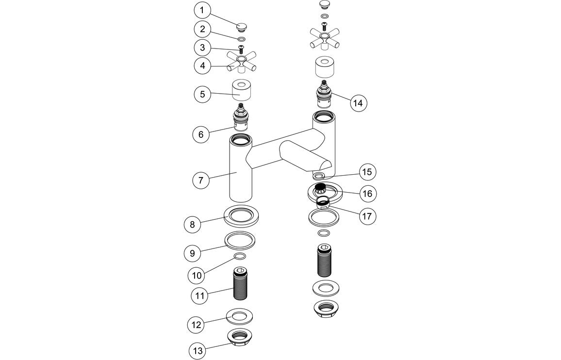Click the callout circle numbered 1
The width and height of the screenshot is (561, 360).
[x=203, y=10]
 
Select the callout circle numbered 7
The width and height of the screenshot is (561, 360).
[x=201, y=180]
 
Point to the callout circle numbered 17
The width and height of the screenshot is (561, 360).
[x=367, y=215]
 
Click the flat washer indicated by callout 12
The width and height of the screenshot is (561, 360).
[x=240, y=317]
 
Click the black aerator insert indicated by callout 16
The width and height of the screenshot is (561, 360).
[x=320, y=188]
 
